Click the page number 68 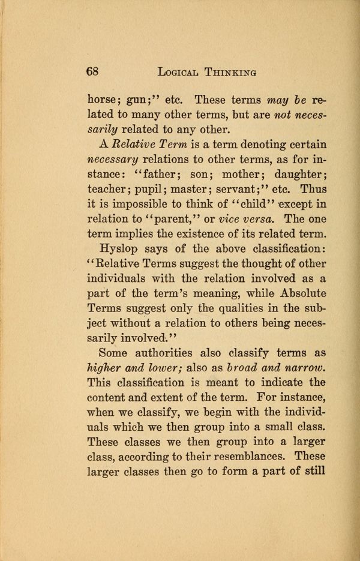(92, 71)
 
